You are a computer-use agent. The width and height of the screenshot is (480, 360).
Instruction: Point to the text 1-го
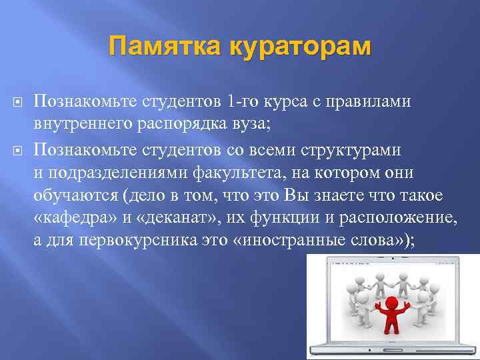pos(242,101)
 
